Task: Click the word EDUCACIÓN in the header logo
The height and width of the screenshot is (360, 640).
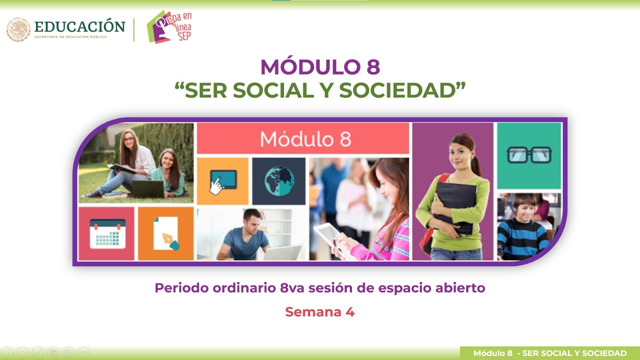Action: tap(80, 26)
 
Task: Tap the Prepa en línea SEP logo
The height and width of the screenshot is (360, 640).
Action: tap(169, 26)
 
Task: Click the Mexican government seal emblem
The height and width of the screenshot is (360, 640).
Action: tap(18, 30)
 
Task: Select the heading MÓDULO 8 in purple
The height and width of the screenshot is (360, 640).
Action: tap(320, 67)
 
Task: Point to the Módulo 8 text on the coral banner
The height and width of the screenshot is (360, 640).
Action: tap(305, 138)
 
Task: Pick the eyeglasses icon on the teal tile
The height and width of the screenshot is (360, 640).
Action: tap(529, 155)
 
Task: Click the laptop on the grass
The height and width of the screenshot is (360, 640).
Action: tap(148, 188)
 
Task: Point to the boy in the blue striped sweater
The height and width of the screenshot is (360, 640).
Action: tap(522, 227)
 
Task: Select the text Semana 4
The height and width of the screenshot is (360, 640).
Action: tap(320, 312)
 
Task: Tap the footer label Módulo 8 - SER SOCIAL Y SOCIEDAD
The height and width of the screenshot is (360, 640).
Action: tap(549, 353)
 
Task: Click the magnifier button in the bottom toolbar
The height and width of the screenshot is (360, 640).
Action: tap(68, 352)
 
